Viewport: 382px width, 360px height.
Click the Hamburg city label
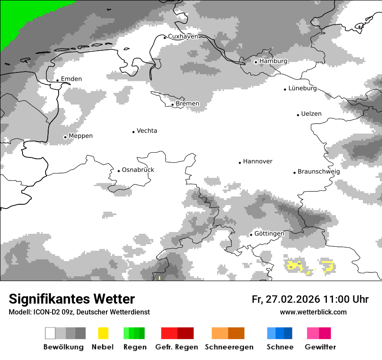(273, 61)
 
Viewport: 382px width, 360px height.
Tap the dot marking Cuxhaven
(165, 37)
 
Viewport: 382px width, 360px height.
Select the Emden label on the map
(71, 79)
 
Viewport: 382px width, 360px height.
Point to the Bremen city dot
(172, 105)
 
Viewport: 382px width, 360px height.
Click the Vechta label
(147, 131)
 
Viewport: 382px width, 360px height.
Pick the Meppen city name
(81, 136)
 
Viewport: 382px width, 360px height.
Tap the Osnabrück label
(138, 170)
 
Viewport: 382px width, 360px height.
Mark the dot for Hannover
(240, 163)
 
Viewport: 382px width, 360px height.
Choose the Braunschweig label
(319, 171)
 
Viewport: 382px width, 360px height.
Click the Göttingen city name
(269, 233)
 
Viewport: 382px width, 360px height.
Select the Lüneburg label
(303, 88)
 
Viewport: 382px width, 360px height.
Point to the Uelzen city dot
(298, 115)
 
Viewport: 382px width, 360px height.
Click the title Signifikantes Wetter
(72, 299)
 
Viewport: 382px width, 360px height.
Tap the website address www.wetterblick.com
(313, 312)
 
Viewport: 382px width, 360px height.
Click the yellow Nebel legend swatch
(103, 333)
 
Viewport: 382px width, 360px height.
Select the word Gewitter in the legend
(320, 347)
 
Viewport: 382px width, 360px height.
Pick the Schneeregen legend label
(229, 347)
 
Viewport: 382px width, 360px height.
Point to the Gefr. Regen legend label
(177, 347)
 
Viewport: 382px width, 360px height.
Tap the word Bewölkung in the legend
(63, 347)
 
